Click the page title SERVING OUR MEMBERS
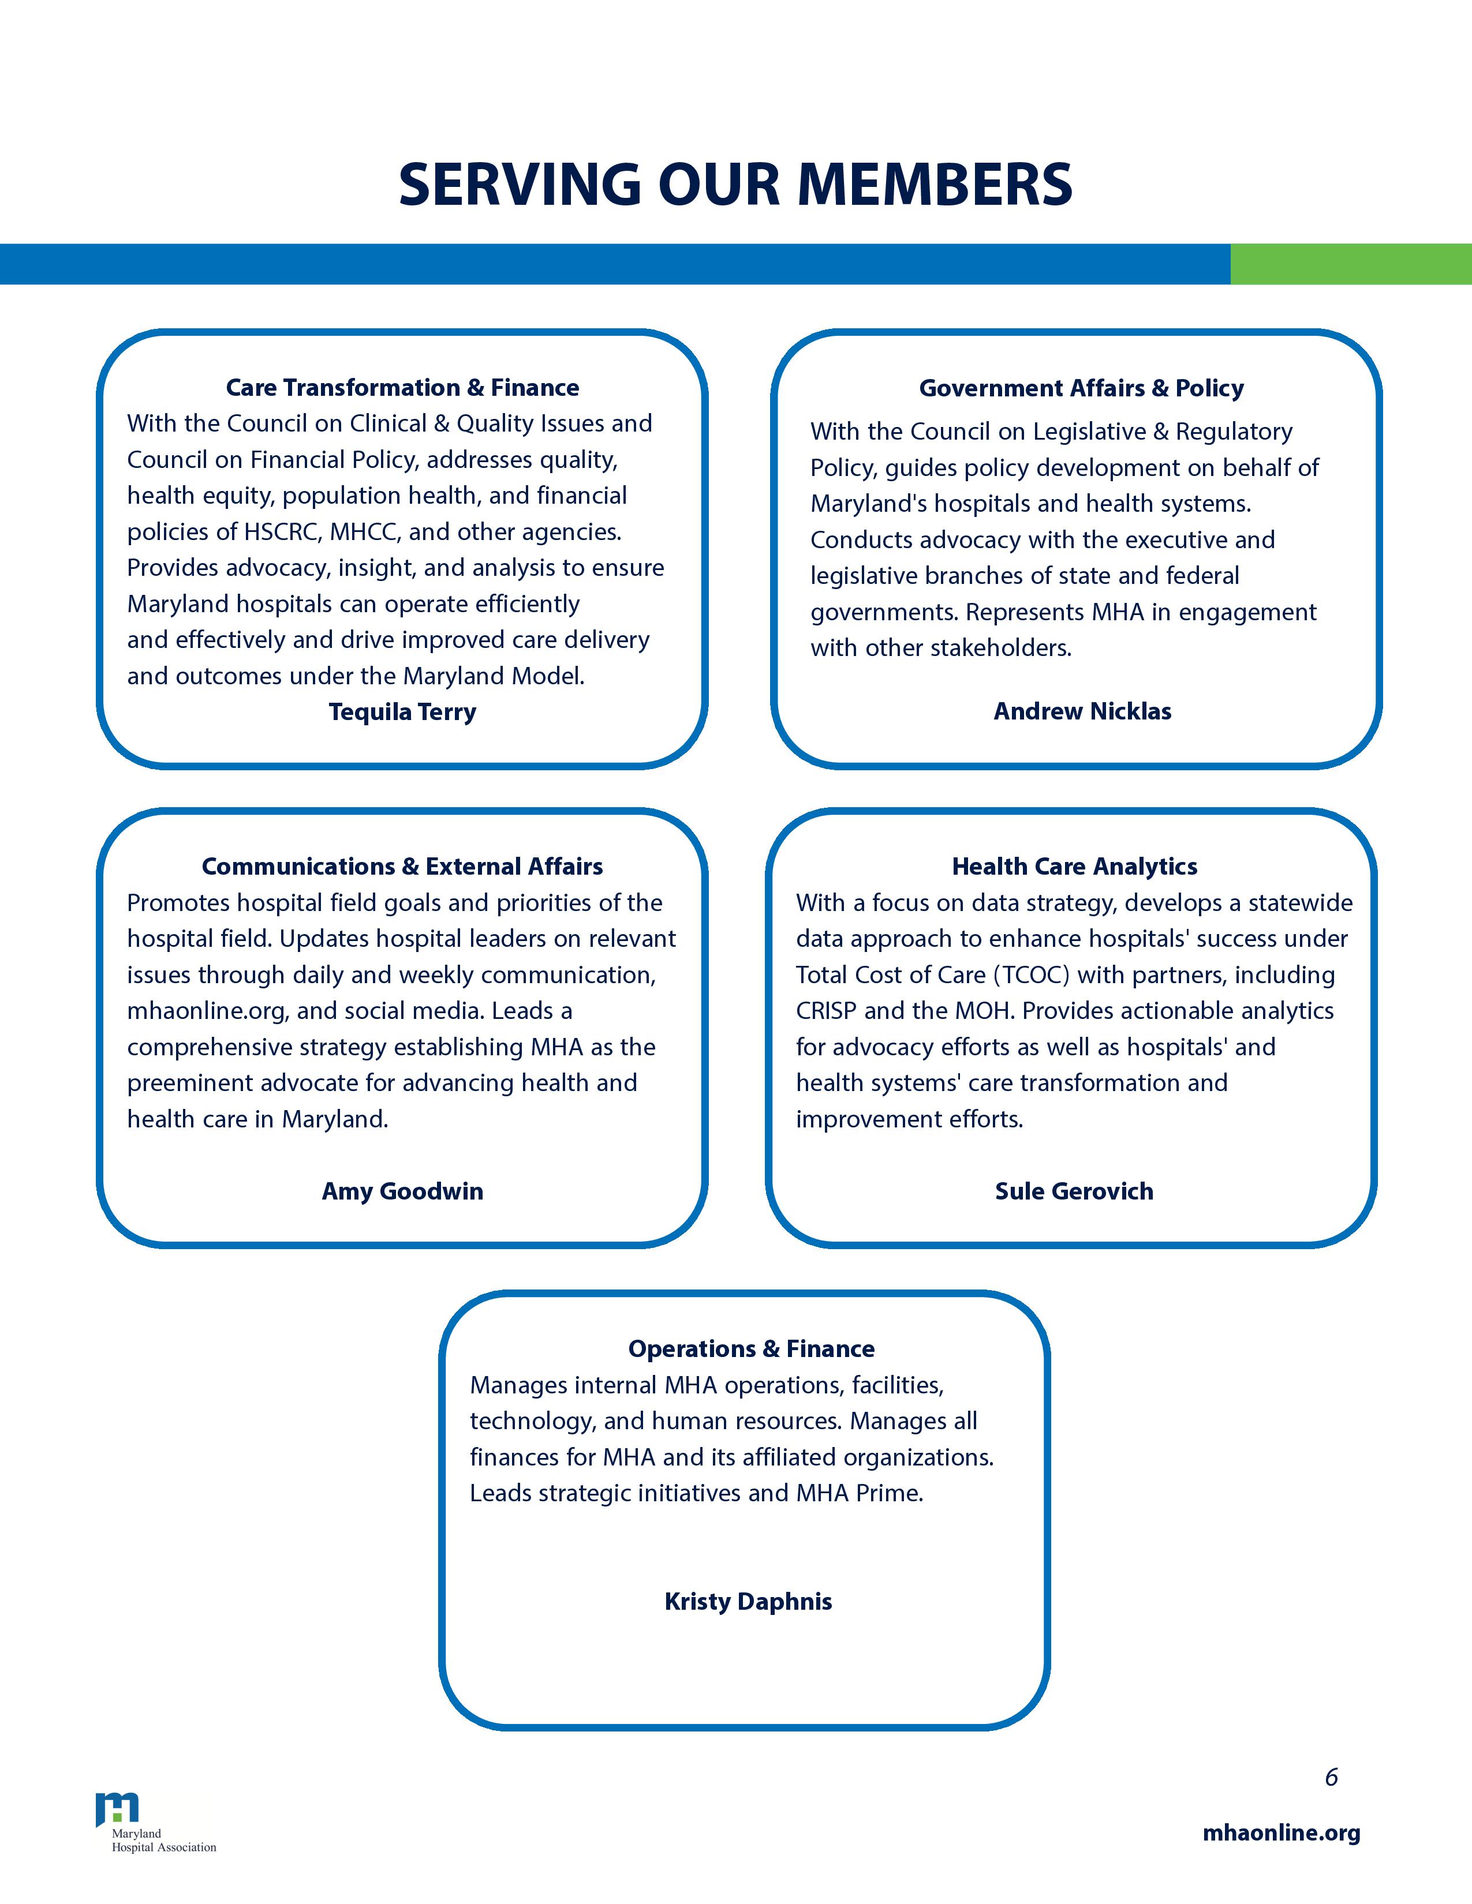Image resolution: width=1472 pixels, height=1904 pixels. (x=735, y=184)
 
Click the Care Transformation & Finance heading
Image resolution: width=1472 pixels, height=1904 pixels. (x=402, y=387)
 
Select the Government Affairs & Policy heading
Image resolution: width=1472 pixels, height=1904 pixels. (x=1081, y=388)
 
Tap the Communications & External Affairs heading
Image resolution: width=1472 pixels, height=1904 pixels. (x=402, y=867)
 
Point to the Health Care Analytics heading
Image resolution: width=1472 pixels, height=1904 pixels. (x=1074, y=867)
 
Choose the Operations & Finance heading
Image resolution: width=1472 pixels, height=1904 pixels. (x=751, y=1349)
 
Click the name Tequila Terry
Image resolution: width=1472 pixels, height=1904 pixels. (x=402, y=712)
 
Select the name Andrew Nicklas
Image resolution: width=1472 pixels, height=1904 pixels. (x=1082, y=711)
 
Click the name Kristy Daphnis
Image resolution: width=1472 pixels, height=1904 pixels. (x=748, y=1602)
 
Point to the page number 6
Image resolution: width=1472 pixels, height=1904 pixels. (x=1331, y=1778)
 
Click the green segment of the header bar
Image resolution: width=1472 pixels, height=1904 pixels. (x=1350, y=264)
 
